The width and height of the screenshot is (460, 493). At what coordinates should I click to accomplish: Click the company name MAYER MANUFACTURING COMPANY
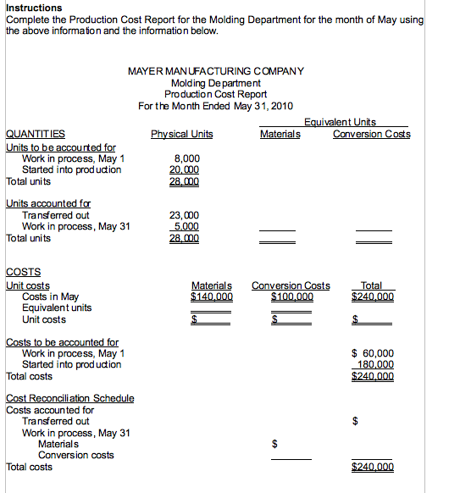point(215,71)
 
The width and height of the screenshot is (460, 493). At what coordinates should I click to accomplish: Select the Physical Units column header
point(181,134)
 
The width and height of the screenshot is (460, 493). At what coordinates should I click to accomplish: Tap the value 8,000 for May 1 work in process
point(186,158)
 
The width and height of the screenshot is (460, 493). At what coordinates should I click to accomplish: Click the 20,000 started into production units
point(185,169)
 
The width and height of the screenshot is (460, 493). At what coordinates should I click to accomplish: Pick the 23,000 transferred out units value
point(185,216)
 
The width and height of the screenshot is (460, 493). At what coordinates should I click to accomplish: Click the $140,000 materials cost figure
point(212,296)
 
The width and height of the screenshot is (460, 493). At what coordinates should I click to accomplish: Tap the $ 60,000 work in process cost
point(372,353)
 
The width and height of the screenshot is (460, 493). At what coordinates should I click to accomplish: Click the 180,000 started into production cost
point(376,364)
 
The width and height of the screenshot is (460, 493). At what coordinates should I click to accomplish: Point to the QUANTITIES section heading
point(36,134)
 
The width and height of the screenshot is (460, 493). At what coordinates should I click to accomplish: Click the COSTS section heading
point(23,273)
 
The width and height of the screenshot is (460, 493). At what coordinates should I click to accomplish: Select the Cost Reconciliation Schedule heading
point(69,398)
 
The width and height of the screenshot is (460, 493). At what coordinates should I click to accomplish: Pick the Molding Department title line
point(215,82)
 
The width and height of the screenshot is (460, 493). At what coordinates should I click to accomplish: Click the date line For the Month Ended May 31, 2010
point(215,105)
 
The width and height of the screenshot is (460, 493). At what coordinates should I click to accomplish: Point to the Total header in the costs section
point(371,285)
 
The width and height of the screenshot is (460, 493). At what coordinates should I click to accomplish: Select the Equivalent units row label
point(58,307)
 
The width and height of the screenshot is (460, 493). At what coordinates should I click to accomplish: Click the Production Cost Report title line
point(215,93)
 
